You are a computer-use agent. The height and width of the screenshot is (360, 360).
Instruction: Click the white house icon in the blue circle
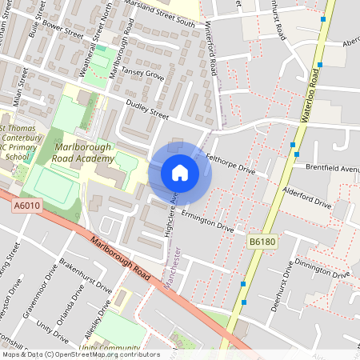click(x=180, y=172)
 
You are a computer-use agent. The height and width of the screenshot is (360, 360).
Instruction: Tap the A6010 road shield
click(x=26, y=206)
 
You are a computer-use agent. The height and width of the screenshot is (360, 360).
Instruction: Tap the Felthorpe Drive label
click(x=230, y=164)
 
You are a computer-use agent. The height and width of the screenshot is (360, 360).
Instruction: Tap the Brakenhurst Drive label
click(x=87, y=274)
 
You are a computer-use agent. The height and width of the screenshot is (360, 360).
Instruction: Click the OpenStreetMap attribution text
click(x=80, y=354)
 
